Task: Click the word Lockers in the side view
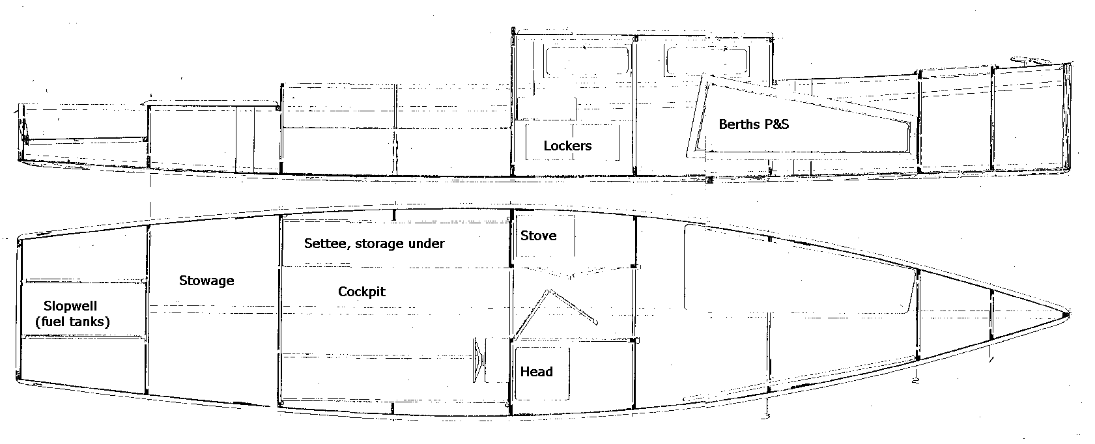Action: pyautogui.click(x=567, y=146)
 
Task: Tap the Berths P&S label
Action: pyautogui.click(x=754, y=124)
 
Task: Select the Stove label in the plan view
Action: pyautogui.click(x=538, y=236)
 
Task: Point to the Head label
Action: pyautogui.click(x=536, y=372)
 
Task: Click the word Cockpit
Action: pyautogui.click(x=362, y=292)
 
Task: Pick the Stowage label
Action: pyautogui.click(x=206, y=281)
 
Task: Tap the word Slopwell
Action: pyautogui.click(x=70, y=306)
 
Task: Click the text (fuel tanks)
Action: pyautogui.click(x=72, y=322)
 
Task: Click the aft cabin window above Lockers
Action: pyautogui.click(x=587, y=61)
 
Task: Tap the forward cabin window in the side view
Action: pyautogui.click(x=706, y=61)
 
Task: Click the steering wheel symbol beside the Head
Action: pyautogui.click(x=479, y=360)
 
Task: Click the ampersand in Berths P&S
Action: pyautogui.click(x=773, y=124)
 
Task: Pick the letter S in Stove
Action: pyautogui.click(x=524, y=236)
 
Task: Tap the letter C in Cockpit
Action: pyautogui.click(x=342, y=292)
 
